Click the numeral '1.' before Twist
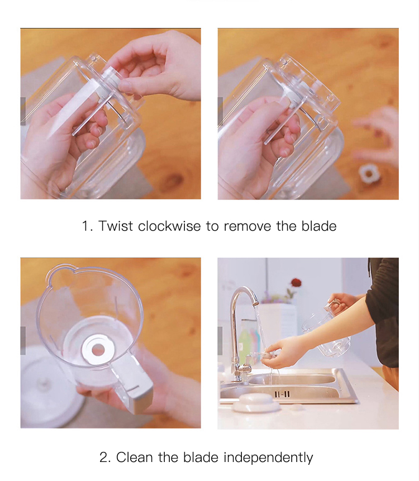click(87, 226)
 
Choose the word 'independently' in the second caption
click(268, 458)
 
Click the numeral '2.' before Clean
click(106, 458)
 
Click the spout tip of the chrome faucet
click(256, 302)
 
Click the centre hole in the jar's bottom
click(98, 350)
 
